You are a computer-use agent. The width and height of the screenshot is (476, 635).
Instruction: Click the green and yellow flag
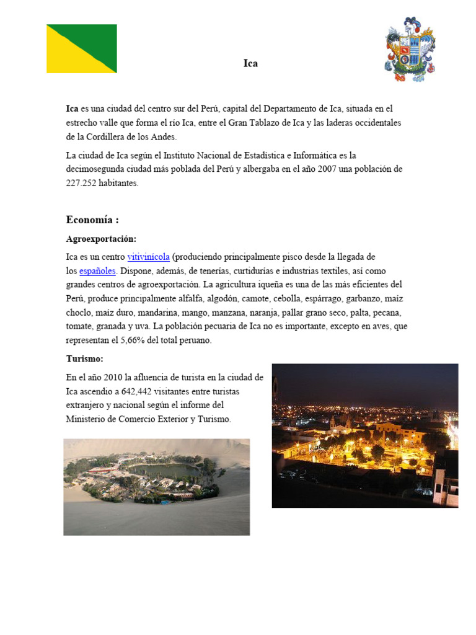[82, 48]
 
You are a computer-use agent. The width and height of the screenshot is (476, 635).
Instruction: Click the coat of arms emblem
[410, 50]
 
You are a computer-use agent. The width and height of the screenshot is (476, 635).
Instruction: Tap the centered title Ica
[250, 63]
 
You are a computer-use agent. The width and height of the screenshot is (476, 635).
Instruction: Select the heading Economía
[92, 220]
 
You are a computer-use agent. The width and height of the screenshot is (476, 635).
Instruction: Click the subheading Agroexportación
[101, 239]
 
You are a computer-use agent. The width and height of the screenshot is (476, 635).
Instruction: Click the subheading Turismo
[85, 359]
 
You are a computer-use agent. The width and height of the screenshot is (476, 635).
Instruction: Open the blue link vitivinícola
[148, 257]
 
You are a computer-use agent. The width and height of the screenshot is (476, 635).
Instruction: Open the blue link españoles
[97, 271]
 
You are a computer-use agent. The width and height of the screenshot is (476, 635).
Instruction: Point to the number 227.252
[82, 183]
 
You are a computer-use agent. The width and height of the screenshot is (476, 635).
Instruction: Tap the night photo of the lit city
[364, 435]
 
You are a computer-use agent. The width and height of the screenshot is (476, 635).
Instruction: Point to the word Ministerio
[87, 419]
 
